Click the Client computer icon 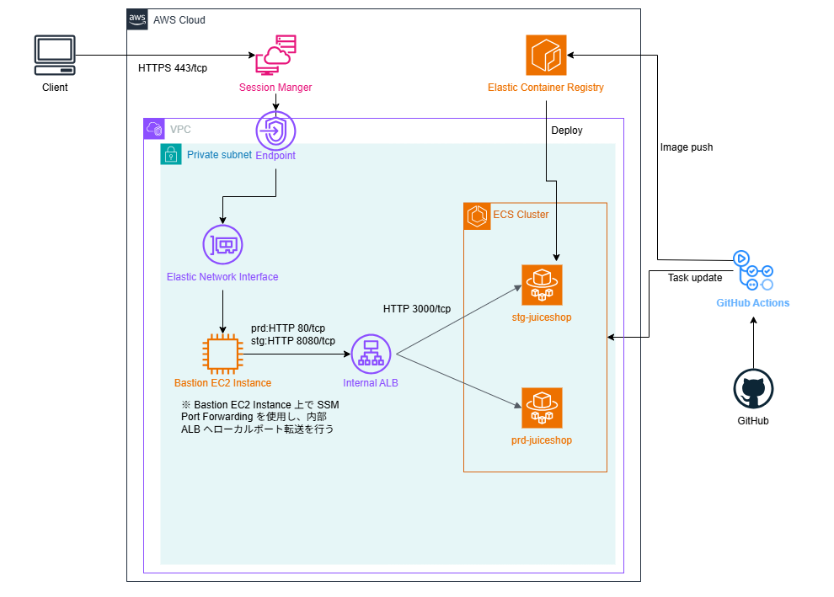55,54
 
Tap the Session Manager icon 275,55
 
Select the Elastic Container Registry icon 546,55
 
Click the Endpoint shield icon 275,131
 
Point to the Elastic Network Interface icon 222,245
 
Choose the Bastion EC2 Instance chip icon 222,353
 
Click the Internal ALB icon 371,354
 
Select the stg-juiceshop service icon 542,285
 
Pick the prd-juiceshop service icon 542,408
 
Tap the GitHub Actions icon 753,271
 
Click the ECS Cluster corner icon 477,216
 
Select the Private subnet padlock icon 171,154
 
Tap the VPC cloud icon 154,129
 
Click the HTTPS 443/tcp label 173,68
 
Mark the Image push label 686,147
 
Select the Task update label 694,278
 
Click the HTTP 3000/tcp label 417,309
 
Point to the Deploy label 566,131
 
